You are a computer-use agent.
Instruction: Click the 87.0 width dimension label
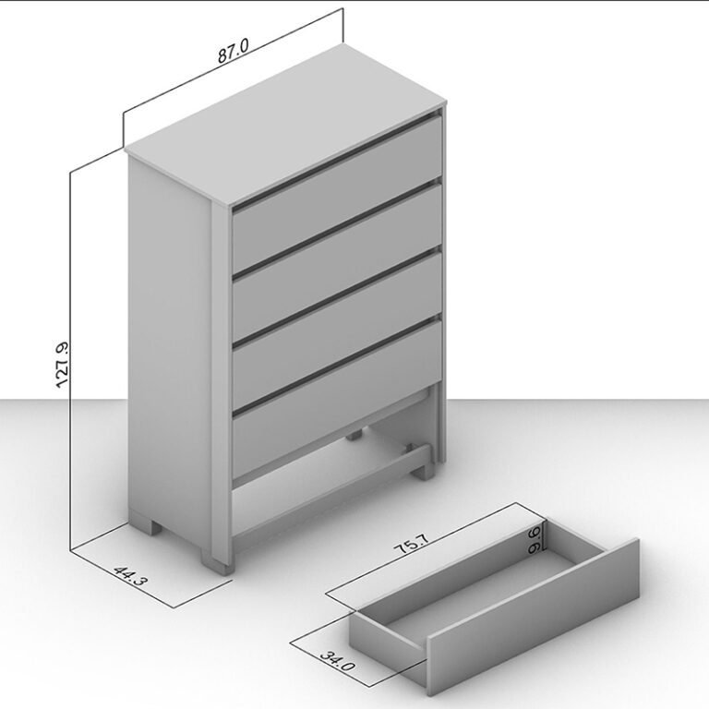(234, 50)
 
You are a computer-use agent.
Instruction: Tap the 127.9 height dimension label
(62, 365)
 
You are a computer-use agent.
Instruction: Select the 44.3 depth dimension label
(130, 576)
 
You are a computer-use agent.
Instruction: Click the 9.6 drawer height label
(534, 539)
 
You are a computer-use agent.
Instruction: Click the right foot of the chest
(424, 470)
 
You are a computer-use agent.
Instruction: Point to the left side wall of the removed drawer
(388, 631)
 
